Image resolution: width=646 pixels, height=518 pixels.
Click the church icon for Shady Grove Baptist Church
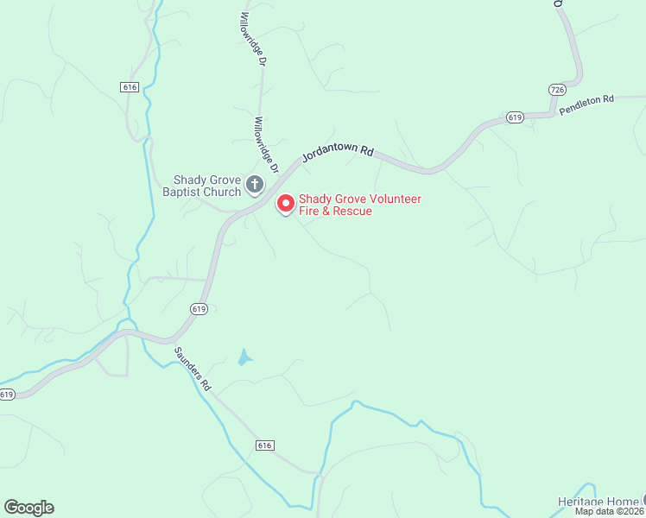pos(255,184)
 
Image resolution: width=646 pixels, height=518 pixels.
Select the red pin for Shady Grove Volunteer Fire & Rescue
pos(286,204)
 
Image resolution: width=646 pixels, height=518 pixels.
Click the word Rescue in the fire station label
pos(352,212)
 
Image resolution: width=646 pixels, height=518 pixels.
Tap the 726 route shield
pos(557,90)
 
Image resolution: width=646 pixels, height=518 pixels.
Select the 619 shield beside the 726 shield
pos(515,117)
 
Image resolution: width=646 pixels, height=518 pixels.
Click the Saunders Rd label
pos(193,370)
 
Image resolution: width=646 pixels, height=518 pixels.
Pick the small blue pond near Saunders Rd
pos(245,357)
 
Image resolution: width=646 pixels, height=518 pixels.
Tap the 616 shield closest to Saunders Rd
pos(264,445)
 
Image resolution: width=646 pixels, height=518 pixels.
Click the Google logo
pos(28,507)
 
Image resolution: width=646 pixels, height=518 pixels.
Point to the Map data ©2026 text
pos(610,511)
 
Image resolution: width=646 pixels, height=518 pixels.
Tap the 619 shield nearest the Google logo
pos(7,395)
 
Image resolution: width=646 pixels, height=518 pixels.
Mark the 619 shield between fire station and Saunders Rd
pos(199,309)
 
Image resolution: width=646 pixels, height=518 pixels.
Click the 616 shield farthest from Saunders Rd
pos(130,87)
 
